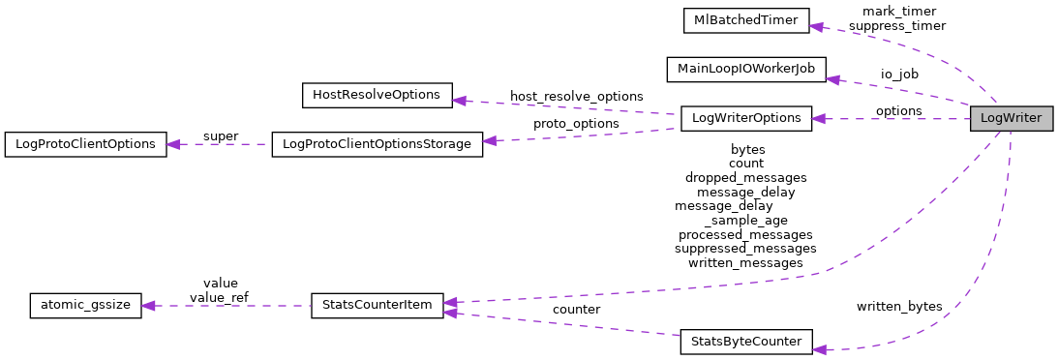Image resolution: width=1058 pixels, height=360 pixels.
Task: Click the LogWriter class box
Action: pos(1011,118)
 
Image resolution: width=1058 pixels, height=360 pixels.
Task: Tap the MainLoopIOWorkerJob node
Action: pos(745,70)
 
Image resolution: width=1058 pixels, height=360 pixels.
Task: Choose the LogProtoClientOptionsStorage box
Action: pos(377,144)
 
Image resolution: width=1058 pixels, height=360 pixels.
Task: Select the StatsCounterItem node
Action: pos(377,305)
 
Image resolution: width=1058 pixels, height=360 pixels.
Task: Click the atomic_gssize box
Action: pos(86,305)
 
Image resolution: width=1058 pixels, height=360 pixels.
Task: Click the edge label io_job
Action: pos(899,74)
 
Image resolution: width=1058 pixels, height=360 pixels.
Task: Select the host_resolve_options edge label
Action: pos(576,97)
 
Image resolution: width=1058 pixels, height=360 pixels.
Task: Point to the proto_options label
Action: pos(576,124)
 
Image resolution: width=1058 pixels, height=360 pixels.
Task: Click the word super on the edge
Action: pos(220,135)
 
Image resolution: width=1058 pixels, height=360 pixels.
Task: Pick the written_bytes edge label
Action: pos(898,306)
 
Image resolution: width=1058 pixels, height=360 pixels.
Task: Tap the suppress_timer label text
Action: pos(897,26)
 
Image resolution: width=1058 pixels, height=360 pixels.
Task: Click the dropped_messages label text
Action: pos(745,178)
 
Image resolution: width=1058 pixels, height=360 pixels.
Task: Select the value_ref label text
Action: pos(220,297)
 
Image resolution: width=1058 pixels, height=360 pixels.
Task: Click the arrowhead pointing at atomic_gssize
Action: pos(149,306)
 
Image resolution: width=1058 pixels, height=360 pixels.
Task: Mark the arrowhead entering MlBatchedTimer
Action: pos(816,26)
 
